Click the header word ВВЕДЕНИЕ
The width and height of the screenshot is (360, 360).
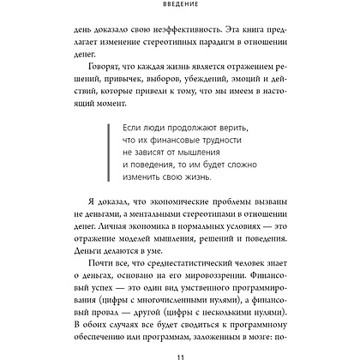coord(180,4)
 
